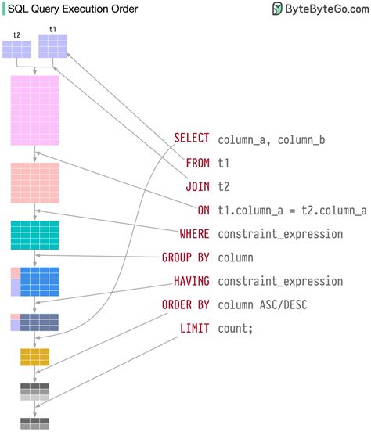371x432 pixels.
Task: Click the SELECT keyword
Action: pyautogui.click(x=191, y=139)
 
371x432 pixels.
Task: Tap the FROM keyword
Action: pyautogui.click(x=197, y=163)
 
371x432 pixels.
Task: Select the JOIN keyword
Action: pyautogui.click(x=197, y=186)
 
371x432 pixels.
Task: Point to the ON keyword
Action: pyautogui.click(x=204, y=210)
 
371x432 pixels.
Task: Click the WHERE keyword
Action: pyautogui.click(x=194, y=233)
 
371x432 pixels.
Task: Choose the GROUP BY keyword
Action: pyautogui.click(x=185, y=257)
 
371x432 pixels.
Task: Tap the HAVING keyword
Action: pyautogui.click(x=191, y=281)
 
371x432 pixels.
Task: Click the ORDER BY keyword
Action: pyautogui.click(x=185, y=304)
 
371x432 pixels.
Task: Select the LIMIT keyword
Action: pyautogui.click(x=194, y=328)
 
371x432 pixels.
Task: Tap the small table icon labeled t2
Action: pyautogui.click(x=16, y=49)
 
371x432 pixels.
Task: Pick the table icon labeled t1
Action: pyautogui.click(x=52, y=46)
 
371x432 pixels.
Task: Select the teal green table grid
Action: pyautogui.click(x=34, y=235)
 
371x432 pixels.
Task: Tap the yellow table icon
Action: pyautogui.click(x=34, y=357)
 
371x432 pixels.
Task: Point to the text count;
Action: pyautogui.click(x=236, y=328)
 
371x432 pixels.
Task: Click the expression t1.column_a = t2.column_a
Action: pyautogui.click(x=292, y=210)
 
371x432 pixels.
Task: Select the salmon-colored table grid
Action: pyautogui.click(x=34, y=183)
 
